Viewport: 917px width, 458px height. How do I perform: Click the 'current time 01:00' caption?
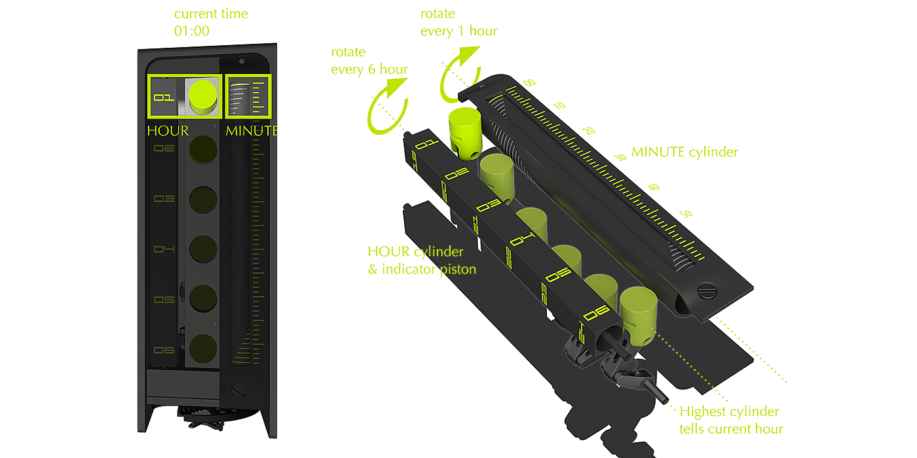210,22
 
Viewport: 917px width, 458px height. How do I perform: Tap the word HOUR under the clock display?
167,130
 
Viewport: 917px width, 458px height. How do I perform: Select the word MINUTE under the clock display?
252,130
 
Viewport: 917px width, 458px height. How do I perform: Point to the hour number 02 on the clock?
164,149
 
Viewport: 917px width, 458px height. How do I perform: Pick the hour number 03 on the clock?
164,199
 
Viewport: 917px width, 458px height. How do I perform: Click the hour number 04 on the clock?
164,249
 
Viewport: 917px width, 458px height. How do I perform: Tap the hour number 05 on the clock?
164,300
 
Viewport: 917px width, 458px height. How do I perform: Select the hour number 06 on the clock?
164,351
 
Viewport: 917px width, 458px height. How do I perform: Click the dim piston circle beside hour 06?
203,348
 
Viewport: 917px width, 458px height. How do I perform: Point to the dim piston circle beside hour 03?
203,199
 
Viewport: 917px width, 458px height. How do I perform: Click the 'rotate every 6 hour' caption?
369,61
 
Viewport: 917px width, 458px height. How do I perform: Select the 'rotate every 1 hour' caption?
458,22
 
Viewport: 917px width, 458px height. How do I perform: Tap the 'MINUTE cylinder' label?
684,152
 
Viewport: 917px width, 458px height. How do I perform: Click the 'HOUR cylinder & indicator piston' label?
415,260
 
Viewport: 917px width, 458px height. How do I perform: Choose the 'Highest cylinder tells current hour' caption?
730,420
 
